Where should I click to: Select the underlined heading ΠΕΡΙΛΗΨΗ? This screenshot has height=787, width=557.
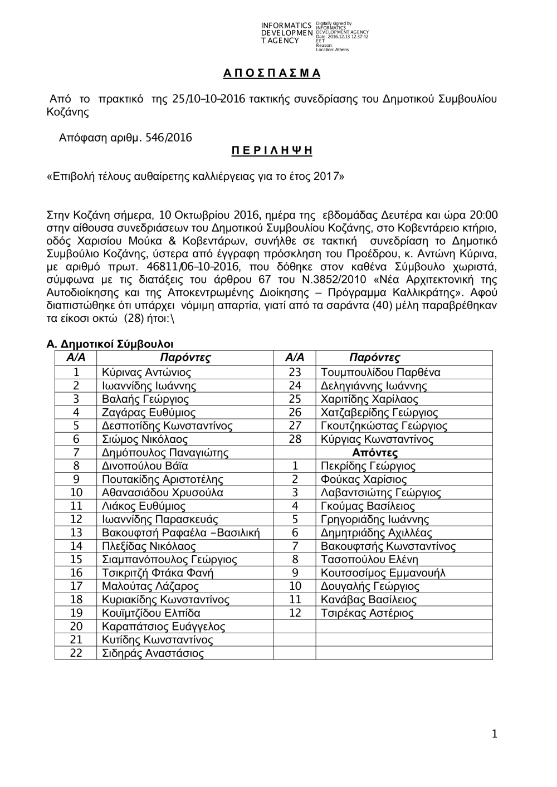pos(272,151)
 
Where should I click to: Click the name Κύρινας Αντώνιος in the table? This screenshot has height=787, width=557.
pos(146,373)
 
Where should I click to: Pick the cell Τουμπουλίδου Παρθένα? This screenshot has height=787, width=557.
pos(380,373)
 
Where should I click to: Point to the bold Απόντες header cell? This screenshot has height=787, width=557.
pos(375,453)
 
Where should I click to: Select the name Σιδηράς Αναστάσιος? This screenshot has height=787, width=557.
pos(153,653)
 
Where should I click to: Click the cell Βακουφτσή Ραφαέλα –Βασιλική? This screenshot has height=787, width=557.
pos(181,533)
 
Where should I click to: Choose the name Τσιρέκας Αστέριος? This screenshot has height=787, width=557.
pos(367,613)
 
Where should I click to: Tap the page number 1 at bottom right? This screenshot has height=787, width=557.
pos(494,735)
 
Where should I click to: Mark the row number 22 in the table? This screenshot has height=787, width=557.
pos(76,653)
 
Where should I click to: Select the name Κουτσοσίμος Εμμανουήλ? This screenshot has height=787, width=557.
pos(383,573)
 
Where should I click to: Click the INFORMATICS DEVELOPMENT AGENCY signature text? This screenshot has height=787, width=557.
pos(286,33)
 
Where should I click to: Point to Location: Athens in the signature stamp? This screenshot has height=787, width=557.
pos(332,50)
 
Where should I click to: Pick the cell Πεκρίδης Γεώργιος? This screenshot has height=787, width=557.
pos(368,466)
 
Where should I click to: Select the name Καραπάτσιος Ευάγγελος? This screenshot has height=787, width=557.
pos(164,627)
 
